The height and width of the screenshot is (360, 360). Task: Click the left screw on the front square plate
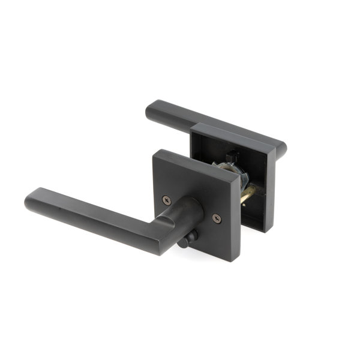[x=167, y=200]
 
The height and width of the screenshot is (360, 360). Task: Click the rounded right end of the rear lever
[x=281, y=148]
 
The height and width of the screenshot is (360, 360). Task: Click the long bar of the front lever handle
[x=90, y=216]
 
